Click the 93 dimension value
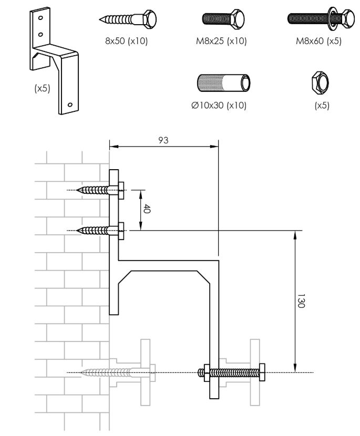[x=163, y=140]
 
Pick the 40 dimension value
[x=147, y=209]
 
